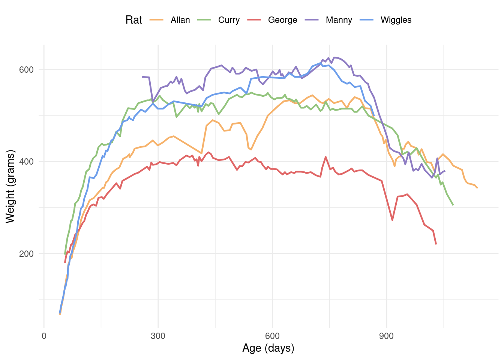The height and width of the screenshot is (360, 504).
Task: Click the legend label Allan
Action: [180, 20]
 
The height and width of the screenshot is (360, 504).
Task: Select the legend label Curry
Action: [229, 20]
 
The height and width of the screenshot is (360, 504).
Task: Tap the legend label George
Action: [282, 20]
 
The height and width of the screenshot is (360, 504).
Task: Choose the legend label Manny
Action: [339, 20]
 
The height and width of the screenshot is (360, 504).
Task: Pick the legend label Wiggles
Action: [396, 20]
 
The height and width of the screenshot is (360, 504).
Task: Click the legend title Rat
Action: [133, 20]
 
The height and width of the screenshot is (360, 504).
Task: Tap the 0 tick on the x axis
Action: [44, 336]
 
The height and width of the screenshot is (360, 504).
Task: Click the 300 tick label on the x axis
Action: [158, 336]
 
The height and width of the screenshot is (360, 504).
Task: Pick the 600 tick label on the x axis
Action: [272, 336]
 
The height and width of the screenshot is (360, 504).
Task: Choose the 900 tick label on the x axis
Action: [386, 336]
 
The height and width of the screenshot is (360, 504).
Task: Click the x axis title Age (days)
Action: [268, 348]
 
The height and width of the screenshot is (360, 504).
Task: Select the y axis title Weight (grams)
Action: [10, 186]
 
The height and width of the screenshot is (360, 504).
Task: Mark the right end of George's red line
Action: [436, 244]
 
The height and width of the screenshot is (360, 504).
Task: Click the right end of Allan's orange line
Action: [477, 188]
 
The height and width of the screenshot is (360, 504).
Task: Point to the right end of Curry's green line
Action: [453, 205]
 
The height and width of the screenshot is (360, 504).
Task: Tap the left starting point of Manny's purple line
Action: [143, 77]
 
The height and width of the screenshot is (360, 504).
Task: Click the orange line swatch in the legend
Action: [156, 20]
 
